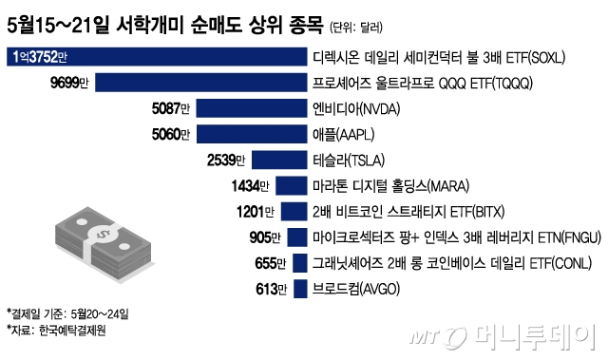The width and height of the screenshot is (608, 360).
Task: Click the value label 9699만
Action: click(68, 84)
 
